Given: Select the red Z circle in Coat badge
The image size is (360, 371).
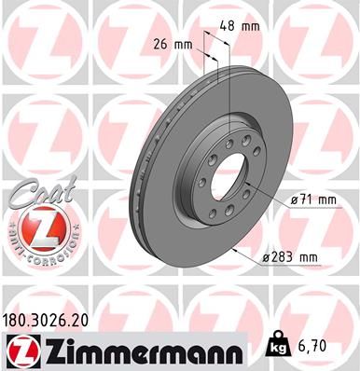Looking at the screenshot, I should (35, 227).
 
